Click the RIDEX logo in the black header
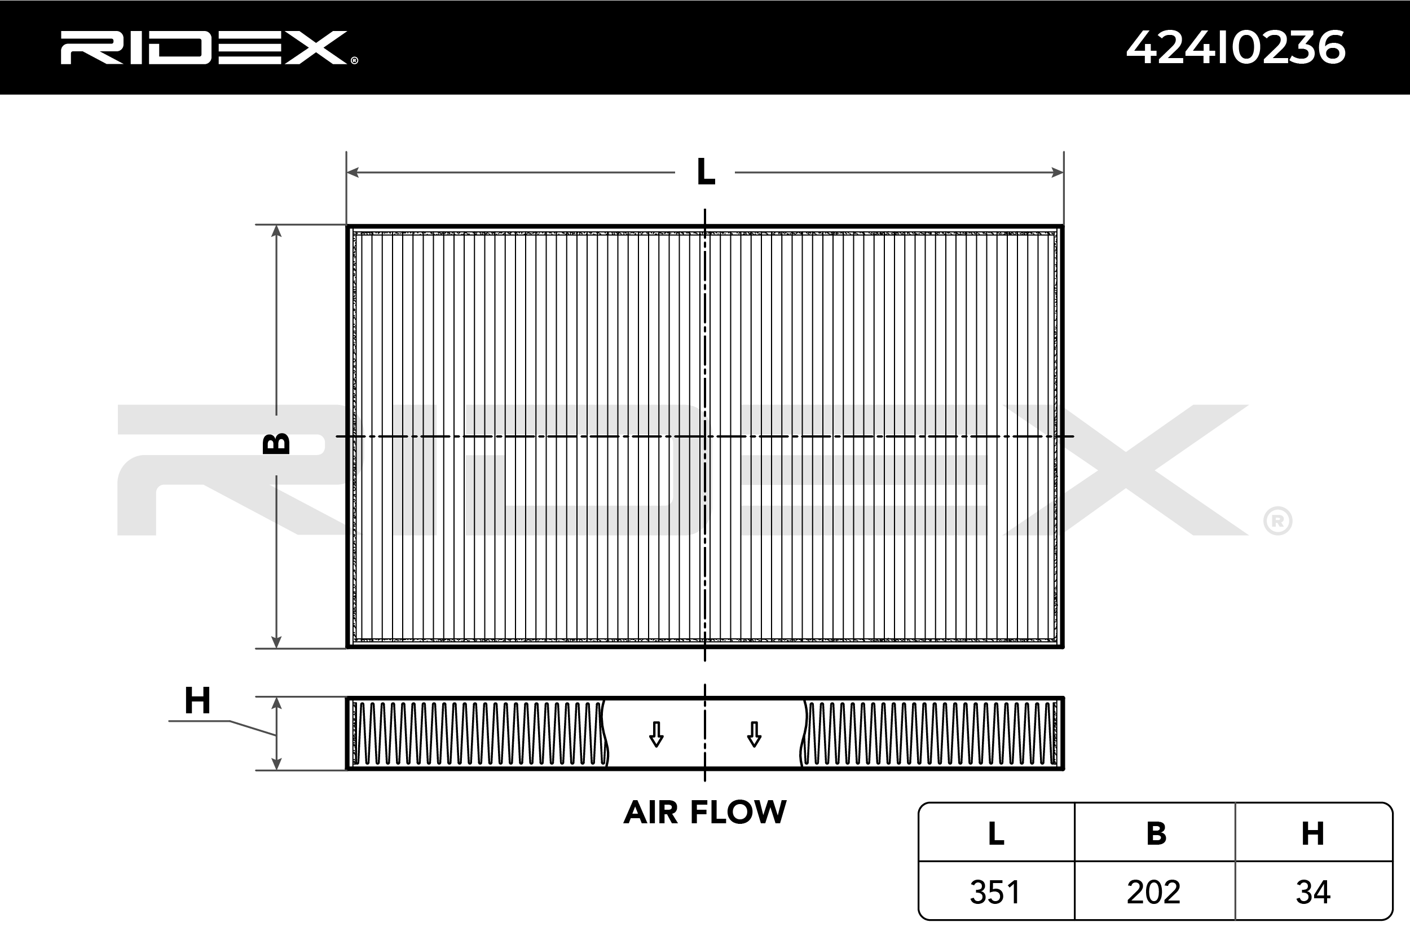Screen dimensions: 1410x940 (207, 47)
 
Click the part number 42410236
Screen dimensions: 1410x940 (1236, 47)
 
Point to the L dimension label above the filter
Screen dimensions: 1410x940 (706, 173)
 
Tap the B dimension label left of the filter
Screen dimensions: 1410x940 (276, 443)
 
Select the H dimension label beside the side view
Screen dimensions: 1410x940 (197, 700)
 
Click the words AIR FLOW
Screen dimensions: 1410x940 (704, 813)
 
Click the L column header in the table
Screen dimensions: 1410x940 (996, 833)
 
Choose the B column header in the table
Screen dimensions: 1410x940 (1156, 833)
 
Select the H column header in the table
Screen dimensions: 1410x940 (1313, 833)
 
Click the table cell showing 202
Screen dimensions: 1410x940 (1154, 892)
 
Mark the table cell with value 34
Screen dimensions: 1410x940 (1313, 892)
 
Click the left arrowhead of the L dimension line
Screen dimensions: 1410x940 (353, 173)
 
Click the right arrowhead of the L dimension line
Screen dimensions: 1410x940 (1057, 173)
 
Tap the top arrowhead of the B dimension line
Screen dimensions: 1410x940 (276, 231)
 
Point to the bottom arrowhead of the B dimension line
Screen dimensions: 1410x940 (276, 642)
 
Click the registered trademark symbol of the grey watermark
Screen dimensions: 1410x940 (1277, 522)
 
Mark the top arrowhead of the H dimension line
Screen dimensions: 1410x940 (276, 703)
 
